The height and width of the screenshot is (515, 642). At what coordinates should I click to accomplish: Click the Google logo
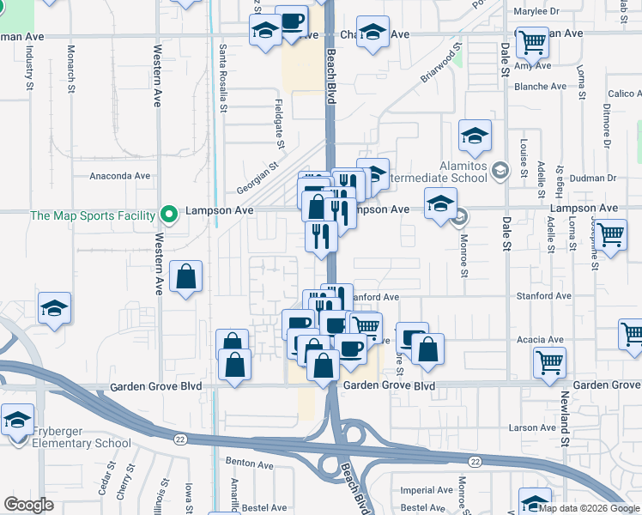pos(29,505)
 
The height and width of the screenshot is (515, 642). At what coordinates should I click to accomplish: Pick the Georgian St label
pos(259,180)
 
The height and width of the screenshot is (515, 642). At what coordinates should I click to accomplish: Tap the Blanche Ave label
pos(541,87)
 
